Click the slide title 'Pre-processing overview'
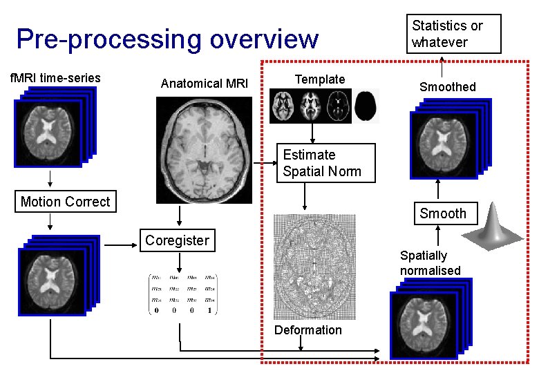pos(167,39)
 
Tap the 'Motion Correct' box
pos(66,202)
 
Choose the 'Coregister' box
pos(177,240)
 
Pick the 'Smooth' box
pos(443,213)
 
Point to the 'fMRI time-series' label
pos(55,78)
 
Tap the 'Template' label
pos(319,79)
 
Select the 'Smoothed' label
pos(448,87)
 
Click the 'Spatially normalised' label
pos(430,263)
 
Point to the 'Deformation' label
pos(308,330)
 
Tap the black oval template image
pos(367,106)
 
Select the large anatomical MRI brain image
pos(203,150)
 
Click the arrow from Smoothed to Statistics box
pos(442,67)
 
